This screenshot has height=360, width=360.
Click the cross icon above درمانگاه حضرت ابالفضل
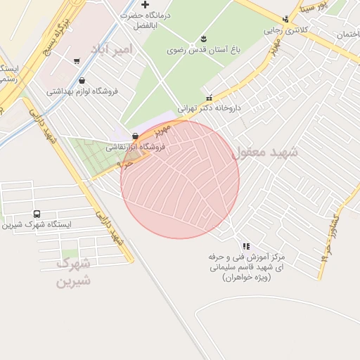pos(145,5)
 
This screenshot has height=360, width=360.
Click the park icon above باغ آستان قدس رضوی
pos(203,38)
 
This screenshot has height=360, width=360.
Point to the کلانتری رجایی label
pos(283,30)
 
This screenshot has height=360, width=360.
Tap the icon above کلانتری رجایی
pos(285,19)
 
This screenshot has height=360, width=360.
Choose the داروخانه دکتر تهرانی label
pos(209,108)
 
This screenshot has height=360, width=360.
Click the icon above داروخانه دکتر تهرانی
pos(209,97)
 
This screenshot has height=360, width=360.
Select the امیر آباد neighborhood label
pos(111,49)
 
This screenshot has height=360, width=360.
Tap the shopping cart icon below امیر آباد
pos(76,61)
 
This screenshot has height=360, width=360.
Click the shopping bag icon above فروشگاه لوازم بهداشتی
pos(83,80)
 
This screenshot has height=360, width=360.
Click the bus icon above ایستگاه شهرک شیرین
pos(37,214)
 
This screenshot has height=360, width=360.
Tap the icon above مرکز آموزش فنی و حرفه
pos(245,246)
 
